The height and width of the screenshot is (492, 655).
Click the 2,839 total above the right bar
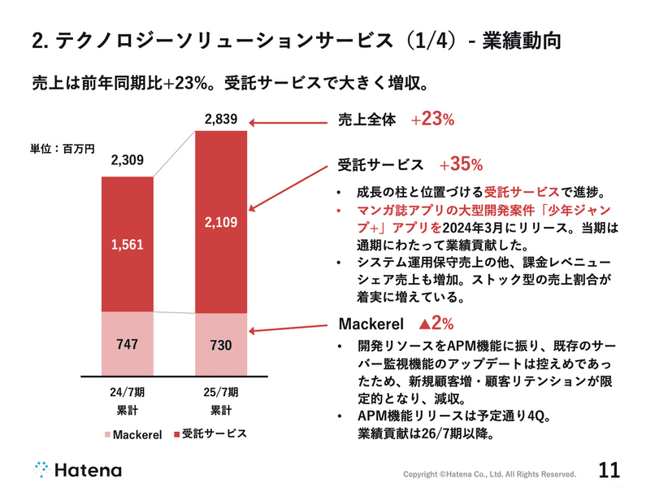(221, 120)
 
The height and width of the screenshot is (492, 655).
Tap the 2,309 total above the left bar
(127, 162)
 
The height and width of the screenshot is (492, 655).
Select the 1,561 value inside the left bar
(127, 244)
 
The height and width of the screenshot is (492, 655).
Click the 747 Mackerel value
(127, 343)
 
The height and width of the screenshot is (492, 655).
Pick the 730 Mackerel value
(221, 345)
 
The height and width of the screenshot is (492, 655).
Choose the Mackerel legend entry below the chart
(131, 433)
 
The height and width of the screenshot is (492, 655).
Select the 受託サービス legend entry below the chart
(209, 433)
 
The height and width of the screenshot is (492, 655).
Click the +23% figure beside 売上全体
(432, 120)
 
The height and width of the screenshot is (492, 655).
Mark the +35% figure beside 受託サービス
(461, 165)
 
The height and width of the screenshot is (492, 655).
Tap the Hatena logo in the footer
(77, 469)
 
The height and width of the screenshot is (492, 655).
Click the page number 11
(609, 469)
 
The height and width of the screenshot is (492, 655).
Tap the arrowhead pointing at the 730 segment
(254, 331)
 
